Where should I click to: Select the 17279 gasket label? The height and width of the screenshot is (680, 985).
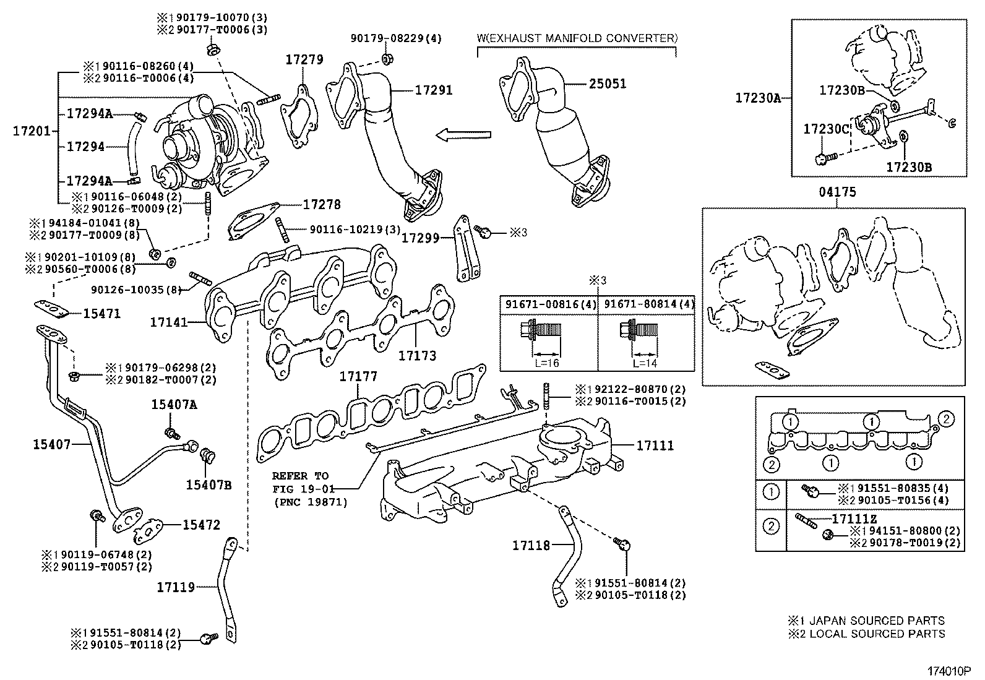pyautogui.click(x=304, y=59)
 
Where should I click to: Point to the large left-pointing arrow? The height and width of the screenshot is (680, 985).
pyautogui.click(x=463, y=135)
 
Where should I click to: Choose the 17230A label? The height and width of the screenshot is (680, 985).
pyautogui.click(x=758, y=97)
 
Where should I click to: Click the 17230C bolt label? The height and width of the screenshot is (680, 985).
pyautogui.click(x=826, y=129)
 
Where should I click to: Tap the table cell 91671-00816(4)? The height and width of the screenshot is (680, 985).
pyautogui.click(x=548, y=304)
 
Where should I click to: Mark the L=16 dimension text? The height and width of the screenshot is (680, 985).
pyautogui.click(x=547, y=363)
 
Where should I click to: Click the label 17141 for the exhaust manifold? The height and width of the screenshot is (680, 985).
pyautogui.click(x=168, y=322)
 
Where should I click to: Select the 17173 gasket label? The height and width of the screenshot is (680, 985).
pyautogui.click(x=417, y=356)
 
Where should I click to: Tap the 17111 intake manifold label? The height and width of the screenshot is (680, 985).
pyautogui.click(x=655, y=445)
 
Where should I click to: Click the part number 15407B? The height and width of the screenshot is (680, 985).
pyautogui.click(x=209, y=484)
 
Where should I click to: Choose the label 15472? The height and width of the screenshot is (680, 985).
pyautogui.click(x=201, y=525)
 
